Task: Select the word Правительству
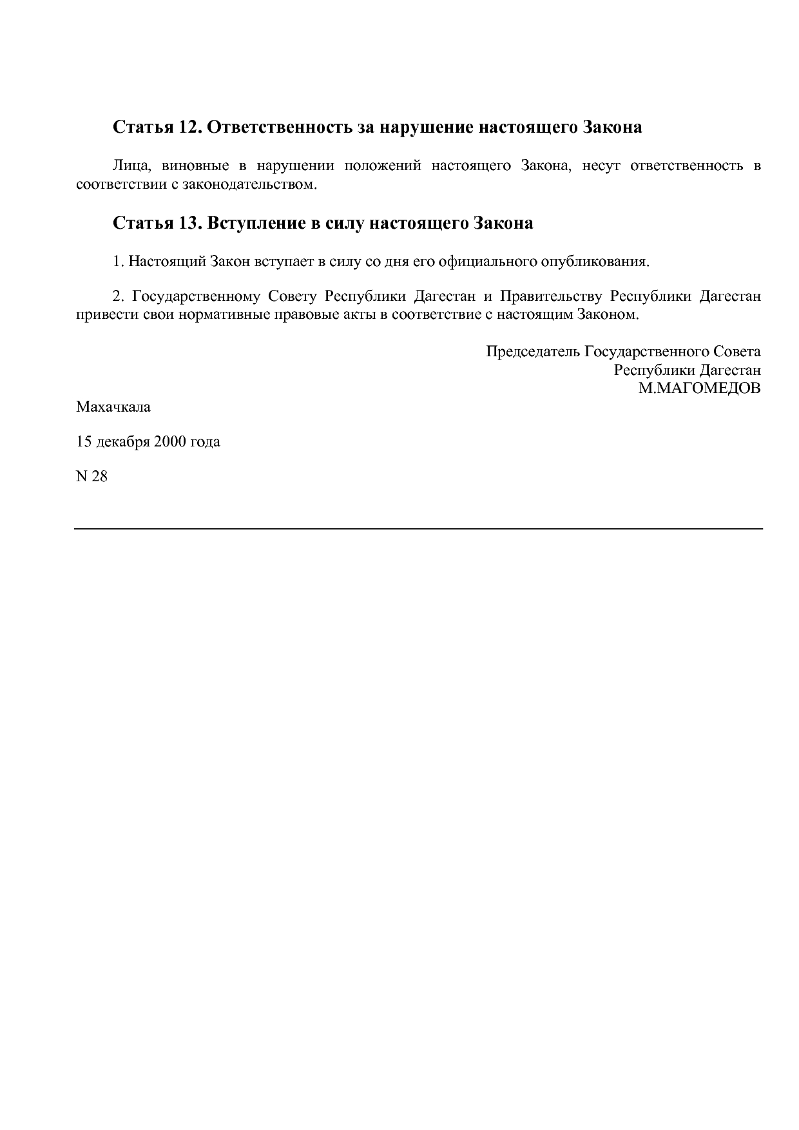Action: [551, 296]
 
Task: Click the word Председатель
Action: [533, 352]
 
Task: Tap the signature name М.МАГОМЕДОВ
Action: [699, 388]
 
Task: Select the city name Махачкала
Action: [113, 407]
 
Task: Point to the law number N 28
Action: [91, 477]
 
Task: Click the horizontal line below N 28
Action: [419, 529]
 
